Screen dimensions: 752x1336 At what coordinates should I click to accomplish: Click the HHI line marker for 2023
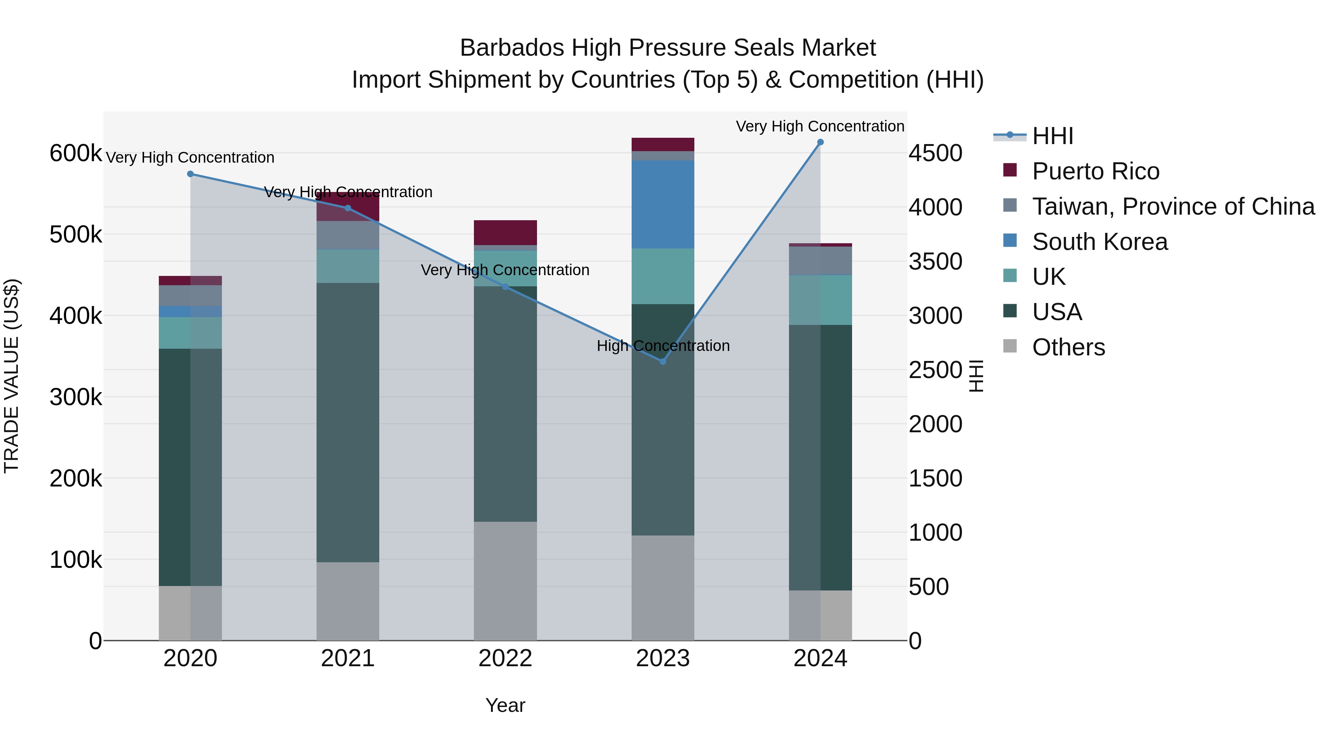coord(663,361)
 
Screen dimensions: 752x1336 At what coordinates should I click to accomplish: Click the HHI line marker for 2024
coord(820,142)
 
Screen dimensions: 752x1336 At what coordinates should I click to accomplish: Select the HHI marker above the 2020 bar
coord(190,174)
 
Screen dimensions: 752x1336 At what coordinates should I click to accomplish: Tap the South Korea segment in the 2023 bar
coord(663,205)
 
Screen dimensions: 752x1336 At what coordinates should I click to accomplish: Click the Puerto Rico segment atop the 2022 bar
coord(505,232)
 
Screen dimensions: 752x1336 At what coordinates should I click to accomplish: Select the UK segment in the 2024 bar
coord(820,300)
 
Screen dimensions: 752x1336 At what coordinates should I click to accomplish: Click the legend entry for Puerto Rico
coord(1096,171)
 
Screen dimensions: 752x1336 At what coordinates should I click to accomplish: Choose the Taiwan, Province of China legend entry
coord(1173,206)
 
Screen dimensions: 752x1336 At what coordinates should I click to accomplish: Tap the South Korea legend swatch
coord(1010,241)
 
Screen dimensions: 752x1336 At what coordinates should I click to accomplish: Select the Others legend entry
coord(1068,347)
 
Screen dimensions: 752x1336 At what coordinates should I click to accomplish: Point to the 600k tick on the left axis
coord(76,154)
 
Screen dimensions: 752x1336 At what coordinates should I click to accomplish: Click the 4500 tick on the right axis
coord(935,154)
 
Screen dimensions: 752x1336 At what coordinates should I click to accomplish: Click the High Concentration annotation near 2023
coord(663,346)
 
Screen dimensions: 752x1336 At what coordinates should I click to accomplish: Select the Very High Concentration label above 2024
coord(820,126)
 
